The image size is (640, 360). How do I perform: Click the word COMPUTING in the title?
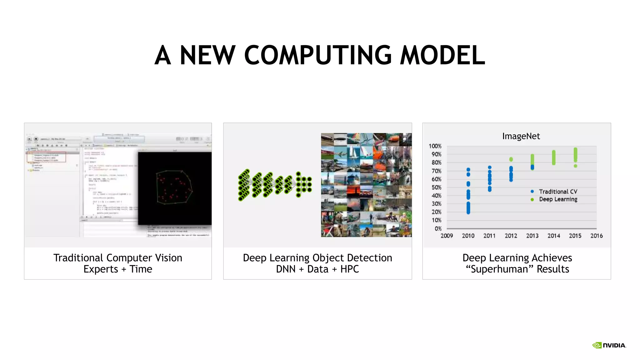click(317, 55)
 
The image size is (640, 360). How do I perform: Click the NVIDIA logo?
click(609, 345)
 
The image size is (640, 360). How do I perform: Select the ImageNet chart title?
click(521, 136)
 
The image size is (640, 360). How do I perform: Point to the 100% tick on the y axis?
click(435, 146)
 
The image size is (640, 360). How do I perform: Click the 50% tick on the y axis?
click(436, 187)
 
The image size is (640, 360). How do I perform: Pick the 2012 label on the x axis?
click(511, 236)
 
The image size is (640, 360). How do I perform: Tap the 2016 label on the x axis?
click(596, 236)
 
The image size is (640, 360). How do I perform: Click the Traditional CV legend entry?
click(558, 192)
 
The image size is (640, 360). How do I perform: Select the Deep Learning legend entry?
click(558, 199)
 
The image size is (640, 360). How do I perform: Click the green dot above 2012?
click(511, 159)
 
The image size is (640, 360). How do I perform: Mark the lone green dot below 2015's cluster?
click(575, 166)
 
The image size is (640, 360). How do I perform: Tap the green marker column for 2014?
click(554, 157)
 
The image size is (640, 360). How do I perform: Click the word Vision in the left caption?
click(168, 258)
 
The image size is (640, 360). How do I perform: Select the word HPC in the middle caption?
click(349, 269)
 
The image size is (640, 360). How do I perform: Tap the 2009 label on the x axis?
click(447, 236)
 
